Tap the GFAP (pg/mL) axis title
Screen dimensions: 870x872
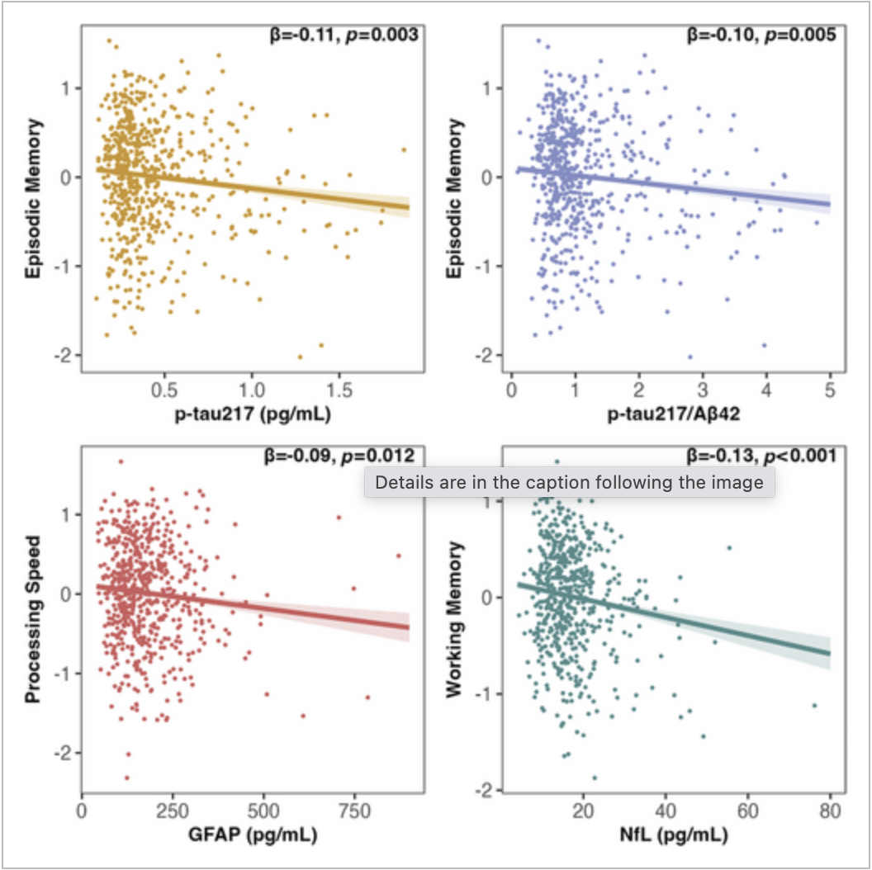point(253,835)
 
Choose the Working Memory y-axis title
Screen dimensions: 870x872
point(454,620)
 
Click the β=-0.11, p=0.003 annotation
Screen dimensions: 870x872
point(337,35)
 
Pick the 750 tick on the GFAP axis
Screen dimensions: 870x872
point(354,810)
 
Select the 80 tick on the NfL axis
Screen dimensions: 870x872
point(829,810)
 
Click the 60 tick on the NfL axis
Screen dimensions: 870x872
point(747,810)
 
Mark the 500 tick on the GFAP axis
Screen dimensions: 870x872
point(263,810)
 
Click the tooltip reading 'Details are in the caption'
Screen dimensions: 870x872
point(569,483)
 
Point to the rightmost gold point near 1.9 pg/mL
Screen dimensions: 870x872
point(404,150)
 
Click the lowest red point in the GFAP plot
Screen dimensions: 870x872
point(127,778)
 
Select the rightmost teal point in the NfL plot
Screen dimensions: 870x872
point(814,706)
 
